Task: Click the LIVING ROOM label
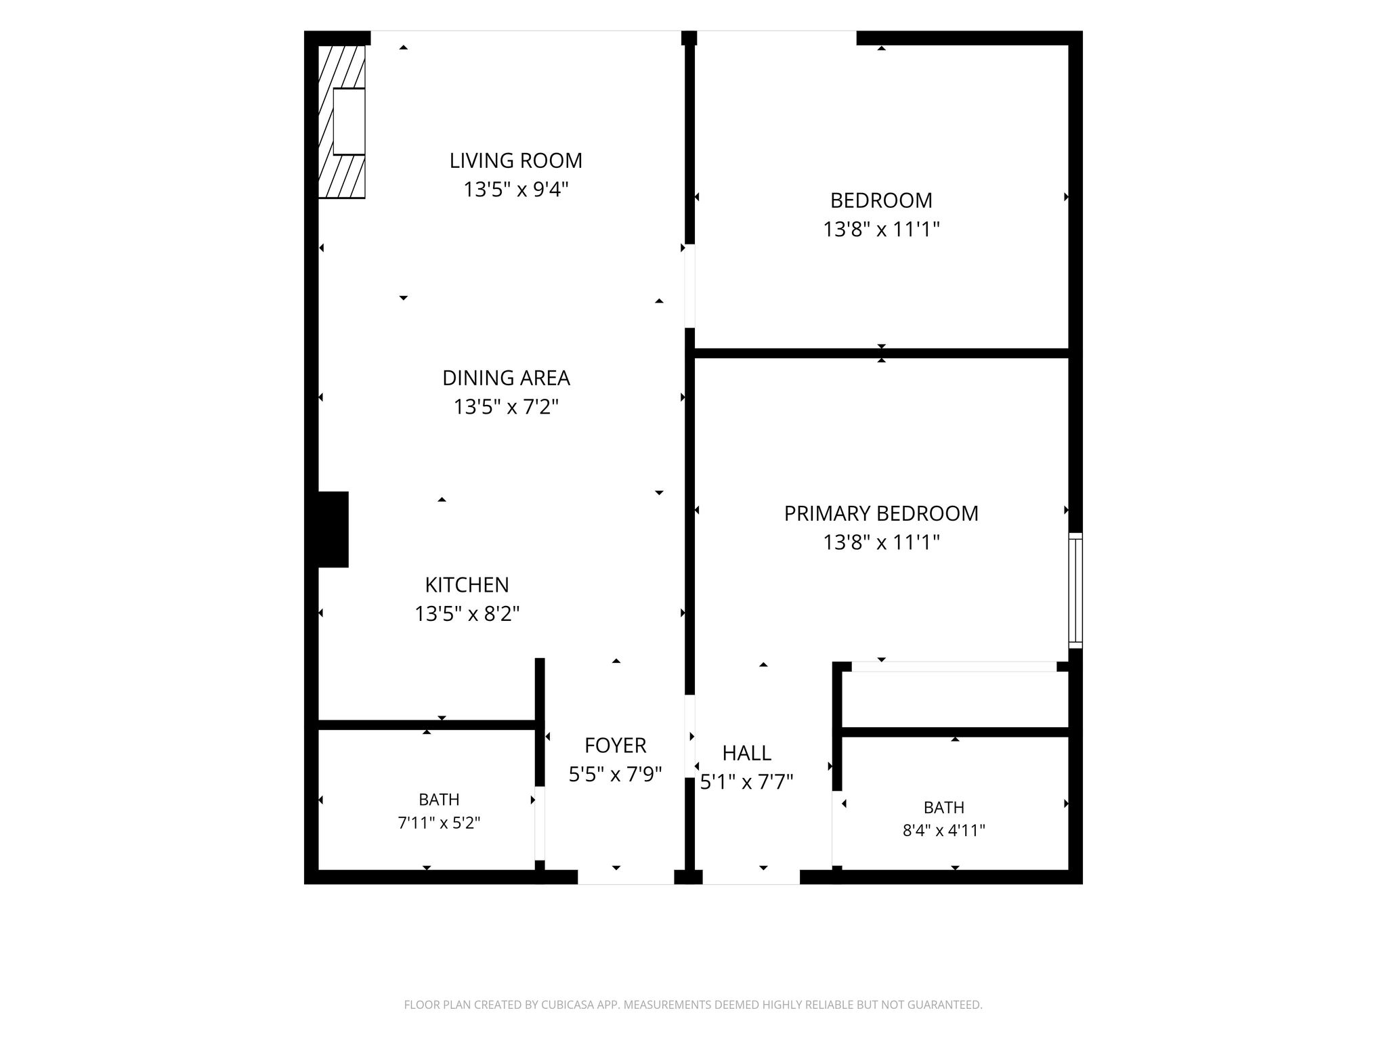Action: (516, 160)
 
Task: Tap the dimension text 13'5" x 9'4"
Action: (516, 190)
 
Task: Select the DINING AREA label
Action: (506, 378)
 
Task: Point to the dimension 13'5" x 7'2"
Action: (506, 407)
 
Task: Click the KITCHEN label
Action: (467, 584)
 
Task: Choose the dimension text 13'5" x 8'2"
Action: (467, 613)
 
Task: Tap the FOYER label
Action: (616, 745)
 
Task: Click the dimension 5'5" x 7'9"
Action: (616, 774)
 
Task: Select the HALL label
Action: (747, 753)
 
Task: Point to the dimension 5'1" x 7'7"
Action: (747, 782)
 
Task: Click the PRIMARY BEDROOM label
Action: (881, 513)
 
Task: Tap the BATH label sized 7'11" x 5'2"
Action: (439, 800)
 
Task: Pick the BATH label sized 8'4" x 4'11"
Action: (944, 807)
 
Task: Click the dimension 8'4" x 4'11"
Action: (944, 830)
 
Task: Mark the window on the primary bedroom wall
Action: (1075, 590)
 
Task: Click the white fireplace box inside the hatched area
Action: (349, 122)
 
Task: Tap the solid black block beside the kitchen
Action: (333, 529)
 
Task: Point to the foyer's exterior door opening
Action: (626, 877)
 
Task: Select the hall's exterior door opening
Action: (751, 877)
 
